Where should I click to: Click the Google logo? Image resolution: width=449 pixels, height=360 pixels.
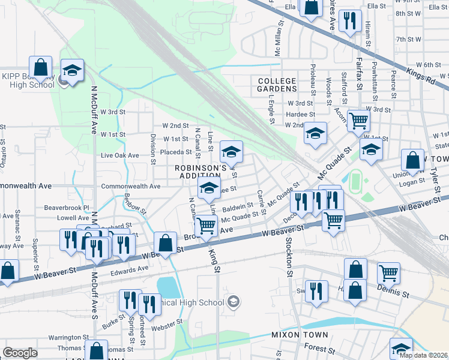[20, 353]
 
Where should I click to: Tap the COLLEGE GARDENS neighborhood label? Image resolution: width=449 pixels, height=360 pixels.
[277, 85]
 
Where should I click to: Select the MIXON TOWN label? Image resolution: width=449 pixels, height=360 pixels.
[300, 335]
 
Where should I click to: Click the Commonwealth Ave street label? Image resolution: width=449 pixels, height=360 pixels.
[130, 187]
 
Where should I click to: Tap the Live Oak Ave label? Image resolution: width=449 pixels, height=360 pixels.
[119, 155]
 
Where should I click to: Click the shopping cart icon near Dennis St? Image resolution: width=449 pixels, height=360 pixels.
[388, 273]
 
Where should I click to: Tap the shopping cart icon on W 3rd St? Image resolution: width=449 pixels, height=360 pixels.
[358, 120]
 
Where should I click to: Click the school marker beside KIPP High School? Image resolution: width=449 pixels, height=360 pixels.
[71, 72]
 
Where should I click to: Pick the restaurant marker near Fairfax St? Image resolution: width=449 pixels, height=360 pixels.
[349, 21]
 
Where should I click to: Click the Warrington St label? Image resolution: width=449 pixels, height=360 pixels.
[68, 338]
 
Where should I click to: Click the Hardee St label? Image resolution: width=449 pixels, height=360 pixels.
[300, 114]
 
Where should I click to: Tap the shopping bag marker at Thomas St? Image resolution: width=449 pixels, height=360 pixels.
[96, 350]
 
